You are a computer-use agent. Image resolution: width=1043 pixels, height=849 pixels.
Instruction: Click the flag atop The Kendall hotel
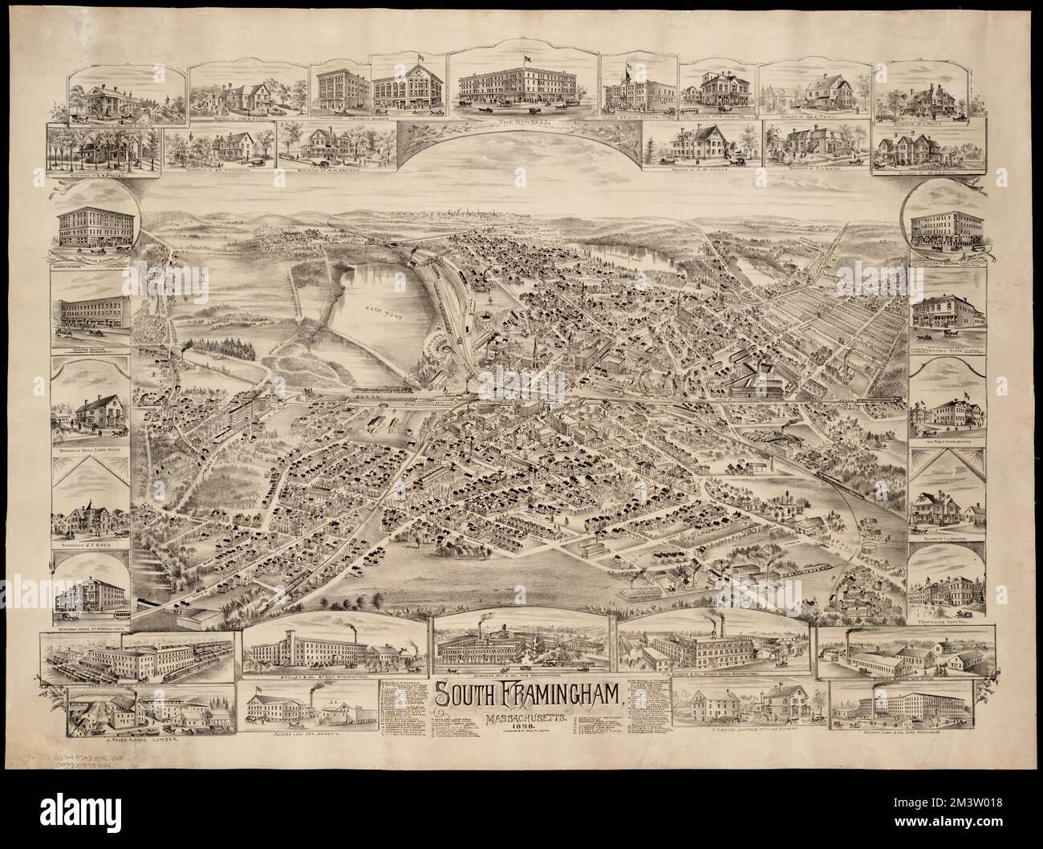coord(526,58)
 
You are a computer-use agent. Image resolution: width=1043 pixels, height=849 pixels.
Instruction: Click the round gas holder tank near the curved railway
coord(871,532)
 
